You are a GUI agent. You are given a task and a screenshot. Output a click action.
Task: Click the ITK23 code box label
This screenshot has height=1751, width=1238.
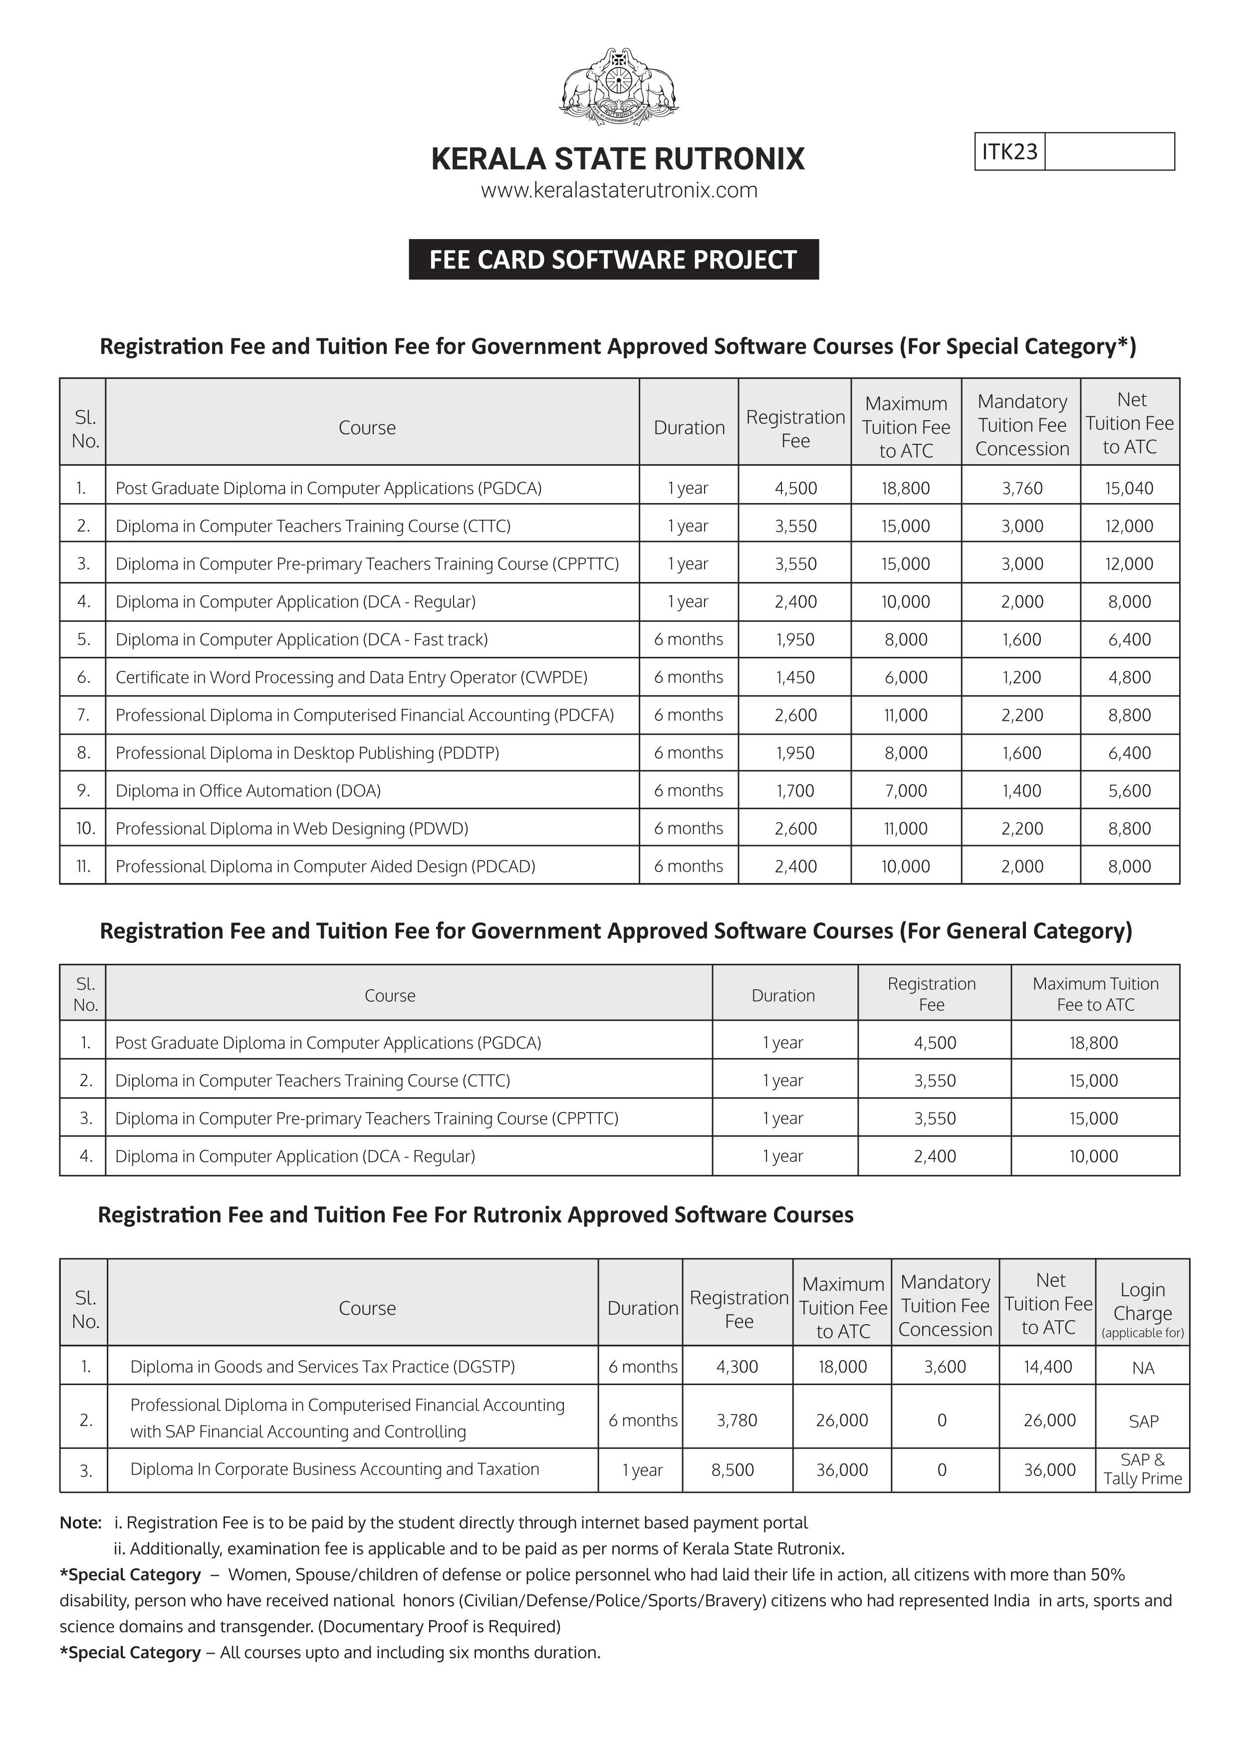coord(1009,152)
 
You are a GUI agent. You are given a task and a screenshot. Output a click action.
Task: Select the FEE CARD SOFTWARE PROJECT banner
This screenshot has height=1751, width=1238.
coord(614,259)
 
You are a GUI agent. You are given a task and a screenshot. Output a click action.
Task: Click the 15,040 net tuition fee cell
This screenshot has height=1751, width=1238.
coord(1129,488)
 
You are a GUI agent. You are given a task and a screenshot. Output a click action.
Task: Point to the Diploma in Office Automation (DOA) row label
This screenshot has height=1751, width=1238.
coord(248,791)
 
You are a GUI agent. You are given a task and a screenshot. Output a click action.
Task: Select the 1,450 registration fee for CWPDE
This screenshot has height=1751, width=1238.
coord(795,677)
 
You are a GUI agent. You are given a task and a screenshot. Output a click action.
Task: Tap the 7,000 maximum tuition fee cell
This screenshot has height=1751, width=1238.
coord(906,791)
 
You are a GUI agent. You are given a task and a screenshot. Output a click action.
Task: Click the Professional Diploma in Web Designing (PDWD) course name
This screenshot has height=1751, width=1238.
coord(291,828)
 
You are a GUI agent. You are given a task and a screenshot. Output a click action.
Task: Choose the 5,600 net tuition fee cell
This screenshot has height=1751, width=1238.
coord(1129,791)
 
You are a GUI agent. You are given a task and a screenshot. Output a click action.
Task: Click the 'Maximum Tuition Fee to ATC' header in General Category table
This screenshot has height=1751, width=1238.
coord(1095,994)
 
